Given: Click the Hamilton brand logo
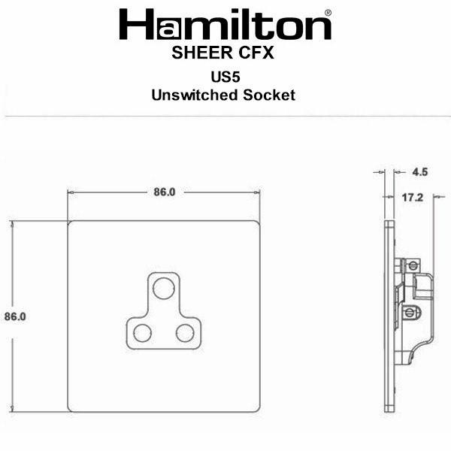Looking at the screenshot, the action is pyautogui.click(x=225, y=25).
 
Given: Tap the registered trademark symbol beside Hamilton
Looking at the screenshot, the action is pyautogui.click(x=328, y=13).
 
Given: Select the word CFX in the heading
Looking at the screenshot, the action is pyautogui.click(x=256, y=53).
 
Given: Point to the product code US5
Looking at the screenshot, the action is pyautogui.click(x=225, y=77).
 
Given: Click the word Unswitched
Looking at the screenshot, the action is pyautogui.click(x=195, y=95).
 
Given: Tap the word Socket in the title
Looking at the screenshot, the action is pyautogui.click(x=269, y=95).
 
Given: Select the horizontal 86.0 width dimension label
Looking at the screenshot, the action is pyautogui.click(x=165, y=192).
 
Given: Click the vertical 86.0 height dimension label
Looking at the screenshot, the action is pyautogui.click(x=15, y=316).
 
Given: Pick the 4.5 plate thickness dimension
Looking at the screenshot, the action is pyautogui.click(x=420, y=172).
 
